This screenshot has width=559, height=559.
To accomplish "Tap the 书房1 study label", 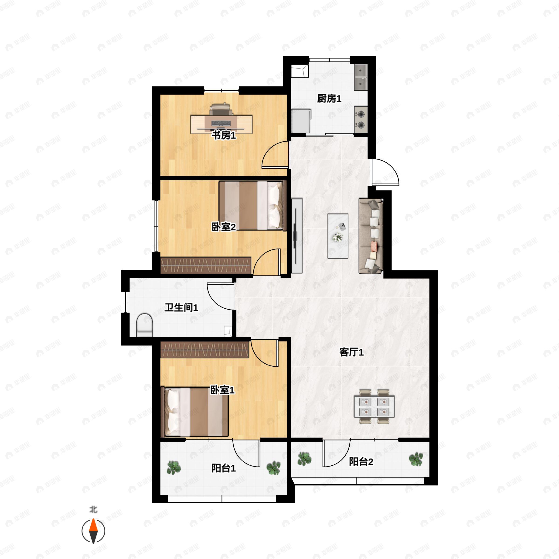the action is coord(224,135).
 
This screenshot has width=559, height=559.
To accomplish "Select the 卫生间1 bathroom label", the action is coord(181,307).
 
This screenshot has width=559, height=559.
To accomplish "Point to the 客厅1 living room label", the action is coord(351,352).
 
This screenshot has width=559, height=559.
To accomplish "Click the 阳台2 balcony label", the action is coord(361,461).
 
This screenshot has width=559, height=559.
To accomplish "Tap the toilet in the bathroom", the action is coord(144,325).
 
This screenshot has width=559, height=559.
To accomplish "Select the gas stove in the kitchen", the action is coord(361,120).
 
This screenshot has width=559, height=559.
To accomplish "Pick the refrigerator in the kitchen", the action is coord(301,121).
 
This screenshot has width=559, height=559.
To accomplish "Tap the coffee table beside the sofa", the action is coord(338,236).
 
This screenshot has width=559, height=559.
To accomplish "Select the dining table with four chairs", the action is coord(374,406).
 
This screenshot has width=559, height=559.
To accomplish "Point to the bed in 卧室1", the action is coord(195,412).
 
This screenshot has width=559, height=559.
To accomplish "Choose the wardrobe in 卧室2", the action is coord(206,265).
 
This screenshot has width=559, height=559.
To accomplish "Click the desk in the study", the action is coord(221,124).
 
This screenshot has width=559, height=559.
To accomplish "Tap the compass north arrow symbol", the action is coord(93,531).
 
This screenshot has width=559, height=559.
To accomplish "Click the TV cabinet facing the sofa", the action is coord(297,236).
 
